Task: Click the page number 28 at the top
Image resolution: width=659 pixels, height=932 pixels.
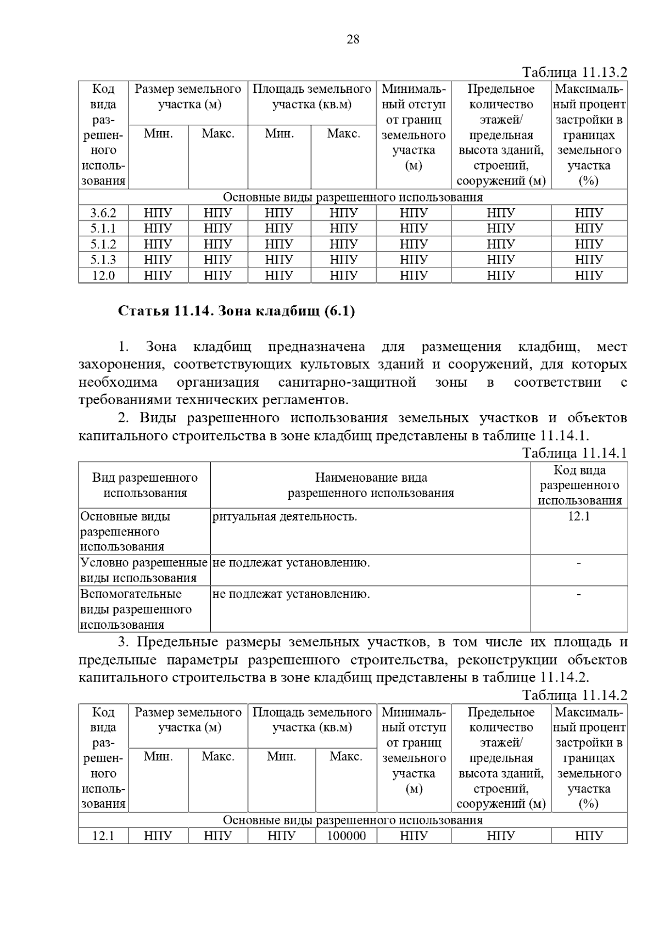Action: pyautogui.click(x=353, y=39)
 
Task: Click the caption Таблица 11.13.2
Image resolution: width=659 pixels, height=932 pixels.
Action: pyautogui.click(x=574, y=72)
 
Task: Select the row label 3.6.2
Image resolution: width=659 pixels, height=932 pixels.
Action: pyautogui.click(x=103, y=213)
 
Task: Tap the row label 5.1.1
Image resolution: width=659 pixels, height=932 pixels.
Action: pyautogui.click(x=103, y=228)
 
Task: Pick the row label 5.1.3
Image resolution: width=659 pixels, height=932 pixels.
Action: pyautogui.click(x=103, y=260)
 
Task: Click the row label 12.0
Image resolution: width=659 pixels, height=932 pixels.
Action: pyautogui.click(x=103, y=275)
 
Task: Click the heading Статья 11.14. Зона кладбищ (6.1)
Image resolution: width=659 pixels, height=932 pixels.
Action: pyautogui.click(x=237, y=311)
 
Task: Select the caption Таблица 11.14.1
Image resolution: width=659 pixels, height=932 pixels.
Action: pyautogui.click(x=574, y=453)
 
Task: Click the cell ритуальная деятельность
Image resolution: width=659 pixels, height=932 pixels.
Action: pyautogui.click(x=284, y=516)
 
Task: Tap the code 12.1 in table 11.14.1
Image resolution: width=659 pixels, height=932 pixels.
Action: pyautogui.click(x=579, y=516)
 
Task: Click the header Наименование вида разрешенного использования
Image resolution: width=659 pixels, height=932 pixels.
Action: pyautogui.click(x=371, y=485)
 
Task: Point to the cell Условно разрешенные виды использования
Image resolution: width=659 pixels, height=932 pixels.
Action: pyautogui.click(x=144, y=570)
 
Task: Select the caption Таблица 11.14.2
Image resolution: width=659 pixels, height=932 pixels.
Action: pyautogui.click(x=574, y=696)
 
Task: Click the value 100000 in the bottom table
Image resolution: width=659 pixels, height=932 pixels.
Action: pyautogui.click(x=346, y=836)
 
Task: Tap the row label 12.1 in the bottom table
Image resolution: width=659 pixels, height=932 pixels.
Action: pyautogui.click(x=103, y=836)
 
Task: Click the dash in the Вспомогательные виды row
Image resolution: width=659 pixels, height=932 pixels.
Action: pyautogui.click(x=579, y=594)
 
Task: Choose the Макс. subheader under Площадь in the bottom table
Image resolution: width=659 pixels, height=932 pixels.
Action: pyautogui.click(x=346, y=757)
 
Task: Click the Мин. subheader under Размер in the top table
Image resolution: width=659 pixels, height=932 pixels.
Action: pyautogui.click(x=158, y=133)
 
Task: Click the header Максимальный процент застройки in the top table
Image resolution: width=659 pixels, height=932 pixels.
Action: pyautogui.click(x=589, y=135)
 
